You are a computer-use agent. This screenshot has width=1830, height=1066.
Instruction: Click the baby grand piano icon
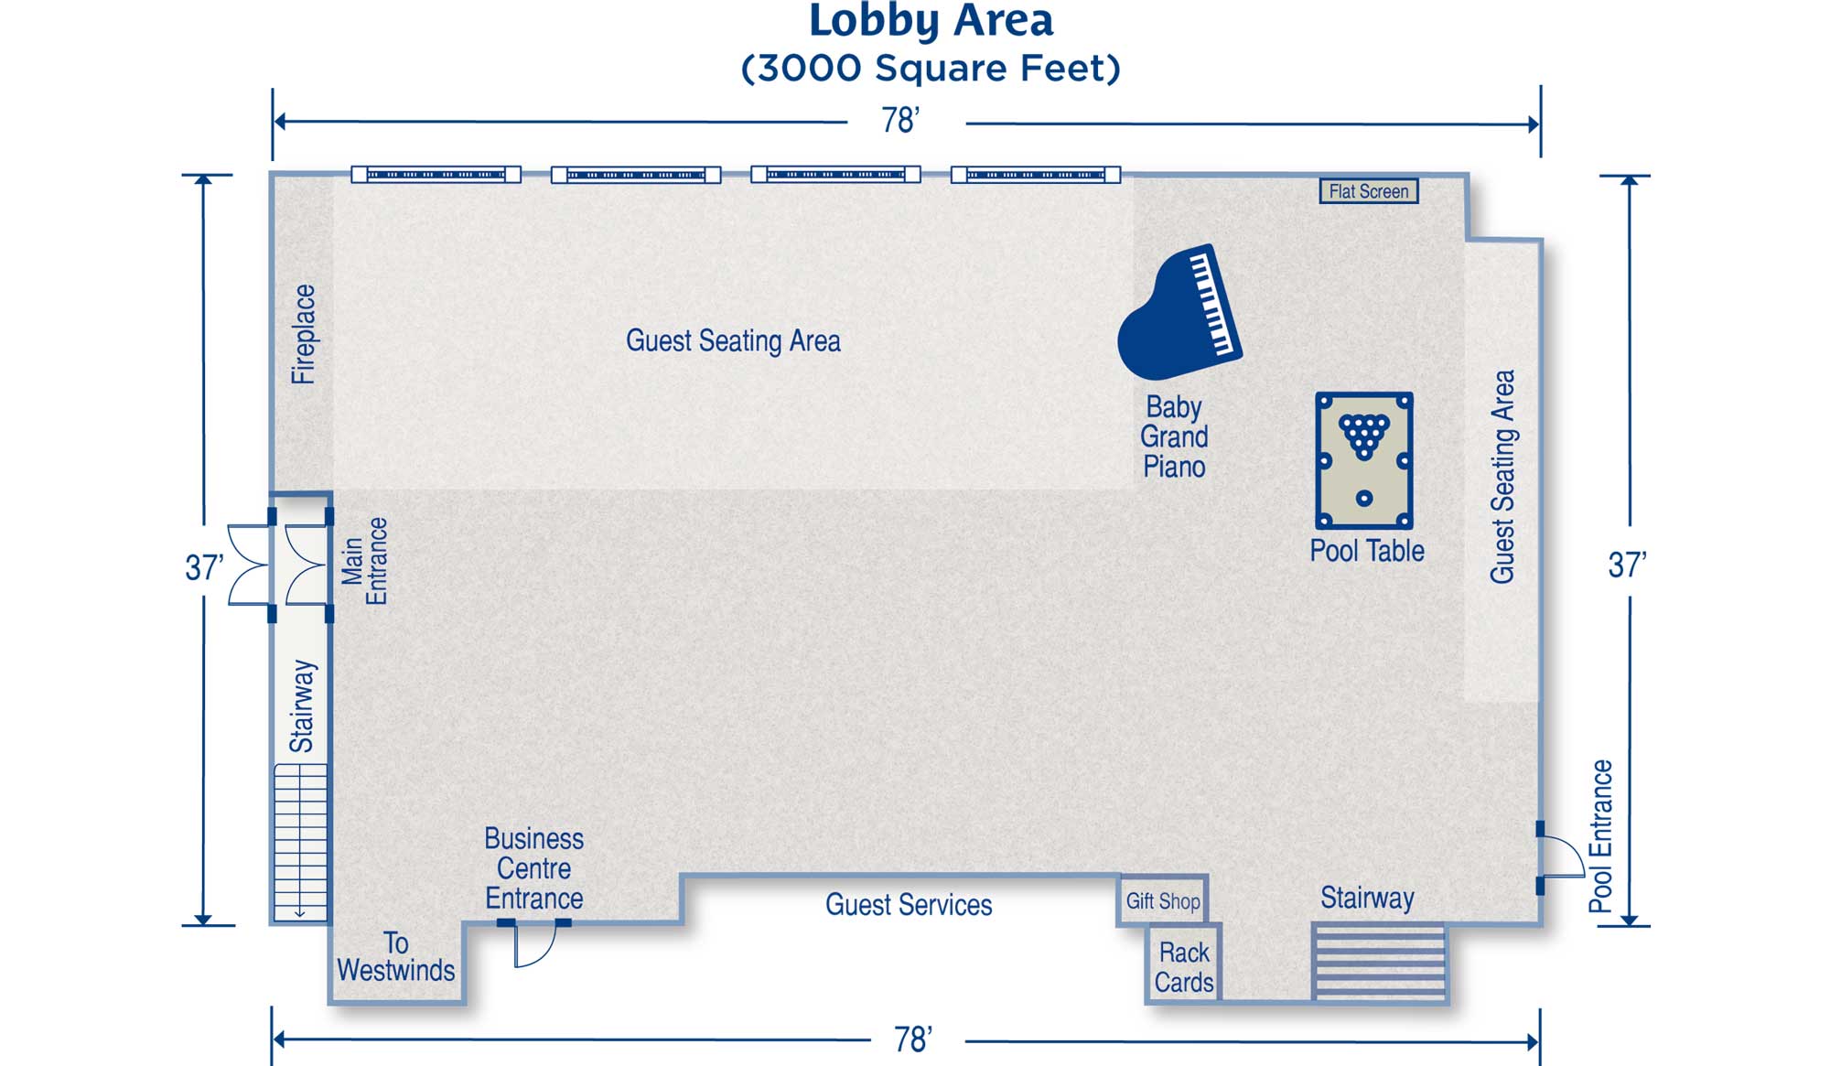tap(1180, 312)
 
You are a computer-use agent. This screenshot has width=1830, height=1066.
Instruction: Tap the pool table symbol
tap(1364, 460)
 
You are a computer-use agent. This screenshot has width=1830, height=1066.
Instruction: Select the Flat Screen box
tap(1369, 191)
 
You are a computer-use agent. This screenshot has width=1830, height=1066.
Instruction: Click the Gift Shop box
tap(1163, 901)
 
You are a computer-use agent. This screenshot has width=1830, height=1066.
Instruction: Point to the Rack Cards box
tap(1184, 966)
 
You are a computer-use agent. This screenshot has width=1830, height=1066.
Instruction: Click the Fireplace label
tap(303, 334)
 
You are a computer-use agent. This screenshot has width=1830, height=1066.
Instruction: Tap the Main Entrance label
tap(364, 561)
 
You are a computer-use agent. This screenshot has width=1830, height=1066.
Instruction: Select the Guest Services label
tap(909, 905)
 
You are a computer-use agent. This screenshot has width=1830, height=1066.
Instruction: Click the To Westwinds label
tap(395, 956)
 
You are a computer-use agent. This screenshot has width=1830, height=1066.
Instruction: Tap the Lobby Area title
tap(931, 21)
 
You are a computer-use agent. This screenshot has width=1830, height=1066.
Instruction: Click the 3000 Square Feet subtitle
tap(931, 69)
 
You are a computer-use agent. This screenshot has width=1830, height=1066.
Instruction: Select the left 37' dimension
tap(204, 567)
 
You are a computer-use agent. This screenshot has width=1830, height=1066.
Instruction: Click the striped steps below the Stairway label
tap(1379, 962)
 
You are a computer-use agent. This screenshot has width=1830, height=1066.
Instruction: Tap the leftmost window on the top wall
tap(436, 174)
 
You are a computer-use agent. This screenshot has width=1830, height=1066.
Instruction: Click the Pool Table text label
tap(1367, 551)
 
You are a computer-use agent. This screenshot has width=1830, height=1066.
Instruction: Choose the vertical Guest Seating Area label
tap(1502, 477)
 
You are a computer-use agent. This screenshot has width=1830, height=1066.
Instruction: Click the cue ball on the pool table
tap(1364, 499)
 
